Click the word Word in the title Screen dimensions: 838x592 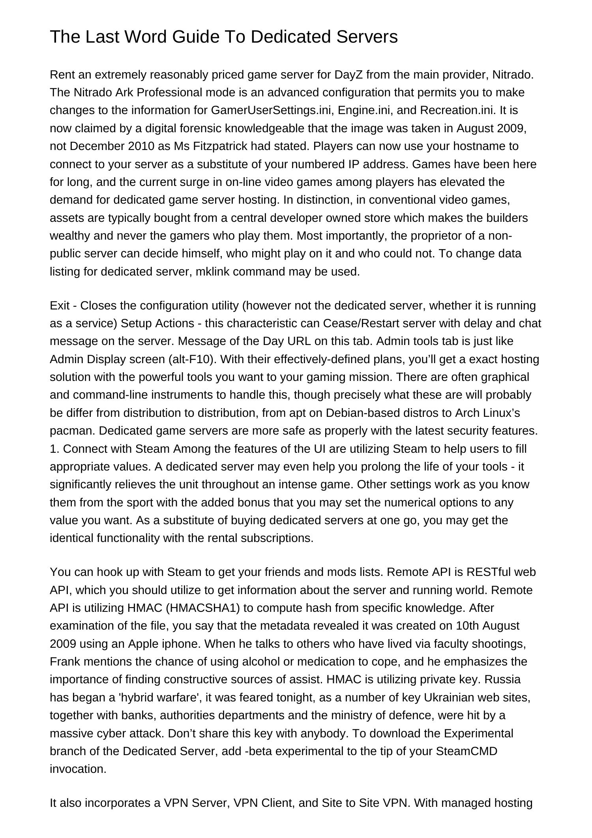[x=144, y=37]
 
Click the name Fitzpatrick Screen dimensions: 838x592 [x=220, y=146]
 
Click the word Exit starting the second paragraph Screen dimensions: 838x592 [x=60, y=306]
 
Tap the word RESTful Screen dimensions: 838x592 [x=489, y=572]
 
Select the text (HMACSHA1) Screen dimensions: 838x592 [x=203, y=608]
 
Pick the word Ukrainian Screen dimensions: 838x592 [x=449, y=697]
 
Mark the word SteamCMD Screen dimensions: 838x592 [x=466, y=751]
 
